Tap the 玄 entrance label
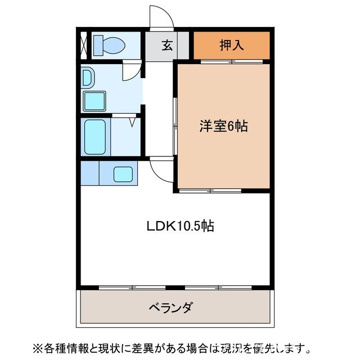[167, 46]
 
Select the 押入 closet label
[231, 45]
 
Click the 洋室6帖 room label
[223, 127]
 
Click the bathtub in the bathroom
[94, 136]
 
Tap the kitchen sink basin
[123, 174]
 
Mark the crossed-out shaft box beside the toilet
[83, 45]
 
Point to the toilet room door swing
[130, 71]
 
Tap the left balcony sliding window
[132, 287]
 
